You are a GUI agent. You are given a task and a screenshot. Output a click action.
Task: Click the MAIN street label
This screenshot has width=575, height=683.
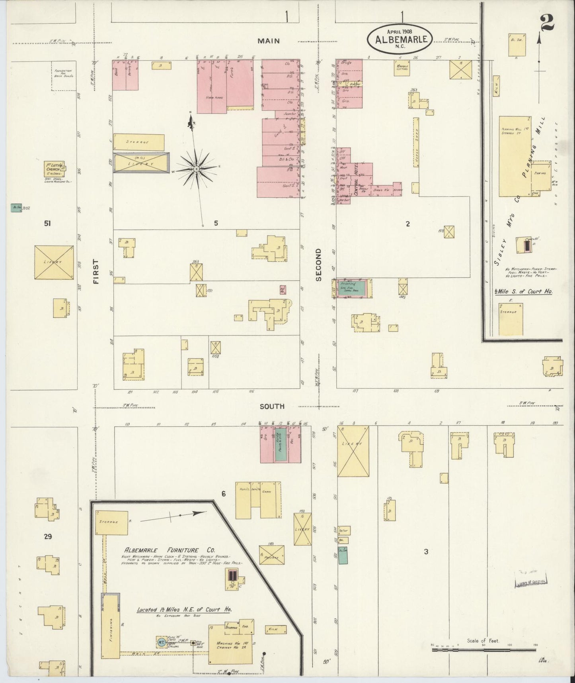pos(268,41)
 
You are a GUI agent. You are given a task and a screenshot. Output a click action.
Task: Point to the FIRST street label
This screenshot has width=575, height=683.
pos(96,271)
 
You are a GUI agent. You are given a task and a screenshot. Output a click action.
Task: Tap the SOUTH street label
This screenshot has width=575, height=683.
pos(272,406)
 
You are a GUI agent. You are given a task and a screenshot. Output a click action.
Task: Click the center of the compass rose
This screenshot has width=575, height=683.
pos(197,169)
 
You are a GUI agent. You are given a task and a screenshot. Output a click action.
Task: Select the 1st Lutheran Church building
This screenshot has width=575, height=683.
pos(55,169)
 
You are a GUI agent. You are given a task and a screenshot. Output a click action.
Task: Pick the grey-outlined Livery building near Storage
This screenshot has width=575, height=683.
pos(141,163)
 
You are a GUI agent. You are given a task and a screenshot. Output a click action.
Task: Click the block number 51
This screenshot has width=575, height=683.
pos(48,224)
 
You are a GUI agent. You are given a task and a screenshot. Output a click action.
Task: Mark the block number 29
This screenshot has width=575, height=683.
pos(48,537)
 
